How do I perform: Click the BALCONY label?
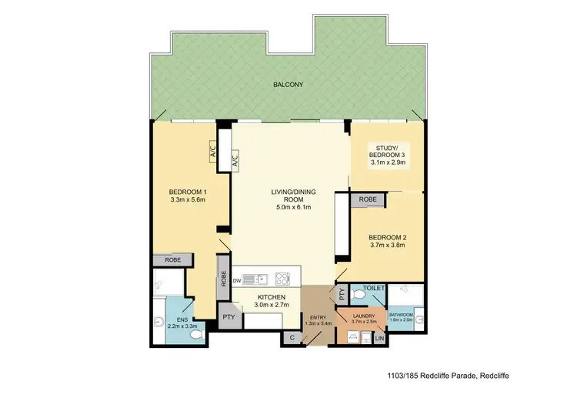click(287, 86)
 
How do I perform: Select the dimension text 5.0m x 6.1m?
click(288, 206)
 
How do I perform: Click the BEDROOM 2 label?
click(387, 237)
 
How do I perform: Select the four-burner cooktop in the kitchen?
click(282, 278)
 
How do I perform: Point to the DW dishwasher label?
click(237, 278)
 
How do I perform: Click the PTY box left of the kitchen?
click(228, 316)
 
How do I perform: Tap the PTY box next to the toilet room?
click(340, 293)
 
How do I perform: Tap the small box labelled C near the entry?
click(292, 336)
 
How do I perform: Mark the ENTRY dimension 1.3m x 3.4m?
click(318, 323)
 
